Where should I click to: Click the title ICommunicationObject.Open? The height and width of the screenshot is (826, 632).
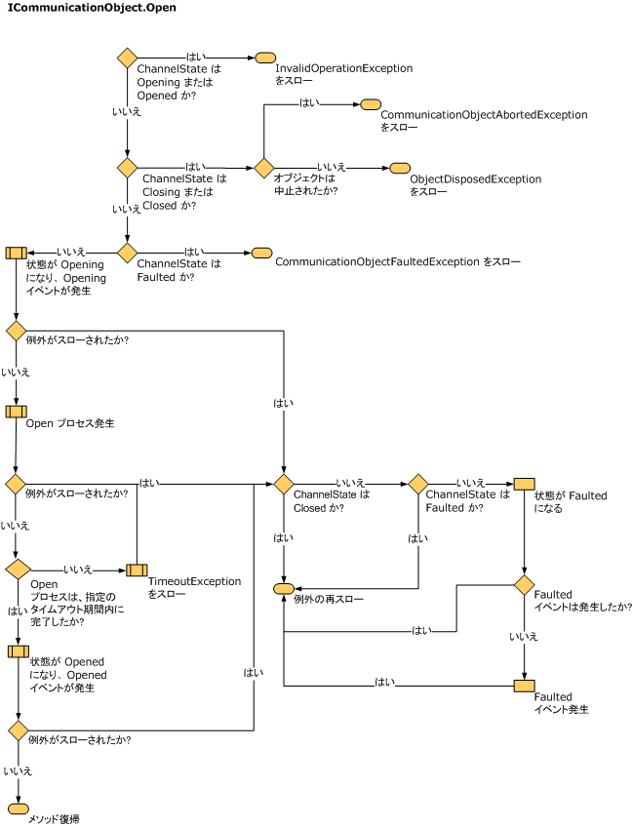point(92,8)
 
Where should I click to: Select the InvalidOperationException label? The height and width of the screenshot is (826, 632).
point(344,68)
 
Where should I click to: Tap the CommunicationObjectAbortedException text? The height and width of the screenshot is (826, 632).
point(484,115)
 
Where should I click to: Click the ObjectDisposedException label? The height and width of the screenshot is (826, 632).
point(476,179)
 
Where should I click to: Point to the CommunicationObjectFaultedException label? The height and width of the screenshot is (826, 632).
point(377,261)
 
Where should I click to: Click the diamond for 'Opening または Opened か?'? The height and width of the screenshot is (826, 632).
point(127,58)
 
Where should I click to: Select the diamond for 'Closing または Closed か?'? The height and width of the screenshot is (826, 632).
point(127,168)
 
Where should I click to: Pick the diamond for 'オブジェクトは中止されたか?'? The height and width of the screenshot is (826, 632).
point(264,168)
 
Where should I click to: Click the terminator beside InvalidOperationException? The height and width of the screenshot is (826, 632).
point(265,58)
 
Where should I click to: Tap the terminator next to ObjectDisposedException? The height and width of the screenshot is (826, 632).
point(400,168)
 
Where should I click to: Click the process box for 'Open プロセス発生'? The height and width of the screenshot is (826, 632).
point(17,412)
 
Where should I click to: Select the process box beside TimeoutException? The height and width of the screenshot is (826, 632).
point(137,570)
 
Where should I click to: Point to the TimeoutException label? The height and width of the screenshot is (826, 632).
point(194,581)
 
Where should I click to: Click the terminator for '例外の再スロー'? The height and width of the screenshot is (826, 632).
point(285,588)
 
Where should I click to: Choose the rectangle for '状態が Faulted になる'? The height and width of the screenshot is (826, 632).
point(524,484)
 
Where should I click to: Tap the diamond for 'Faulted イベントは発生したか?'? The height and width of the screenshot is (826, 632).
point(524,585)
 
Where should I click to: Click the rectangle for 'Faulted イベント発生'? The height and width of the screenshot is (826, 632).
point(524,686)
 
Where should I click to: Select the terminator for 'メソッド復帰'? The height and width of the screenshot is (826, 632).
point(19,808)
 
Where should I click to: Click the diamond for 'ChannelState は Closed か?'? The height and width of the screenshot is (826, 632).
point(284,484)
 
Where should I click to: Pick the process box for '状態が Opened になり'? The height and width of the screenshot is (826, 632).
point(19,651)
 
